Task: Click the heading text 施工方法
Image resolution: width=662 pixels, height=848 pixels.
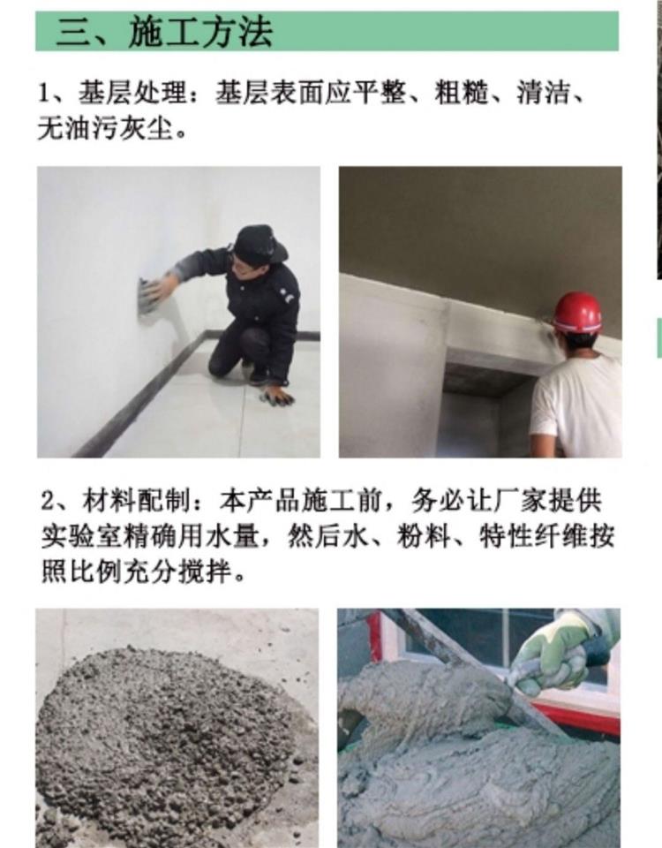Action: coord(200,32)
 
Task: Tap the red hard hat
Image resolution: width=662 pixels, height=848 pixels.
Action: coord(577,312)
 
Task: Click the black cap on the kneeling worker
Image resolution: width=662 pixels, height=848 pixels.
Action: coord(260,243)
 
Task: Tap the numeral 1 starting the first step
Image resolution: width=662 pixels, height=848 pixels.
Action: coord(44,94)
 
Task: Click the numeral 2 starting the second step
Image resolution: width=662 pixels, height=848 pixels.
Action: coord(48,502)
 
